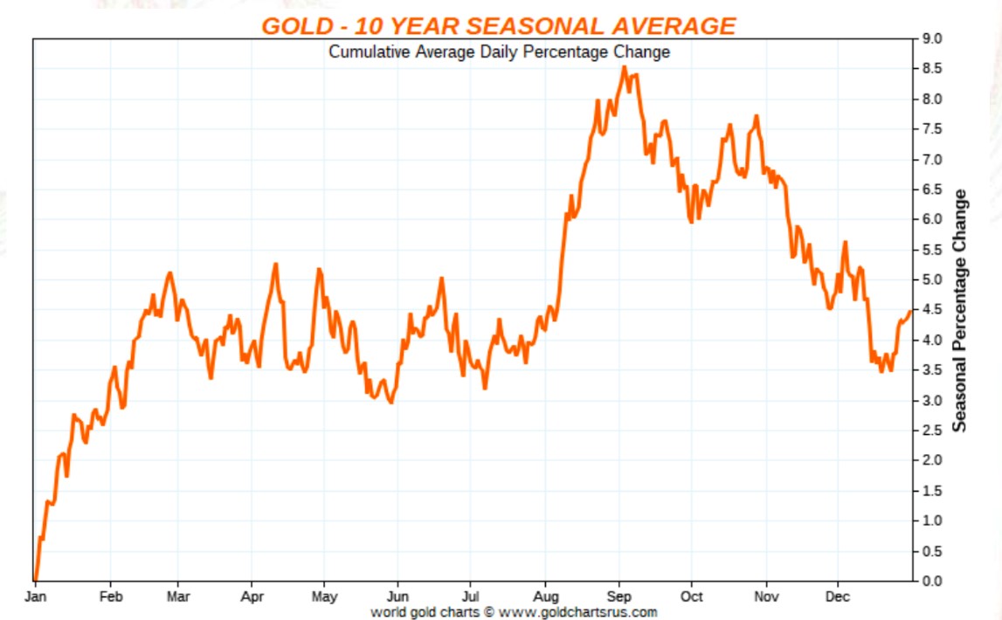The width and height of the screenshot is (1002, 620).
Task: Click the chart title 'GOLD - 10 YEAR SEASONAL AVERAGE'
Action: coord(499,25)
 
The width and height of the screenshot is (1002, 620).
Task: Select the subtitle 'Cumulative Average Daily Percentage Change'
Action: coord(499,52)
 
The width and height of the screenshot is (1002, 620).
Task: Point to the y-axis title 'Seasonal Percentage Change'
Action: coord(959,310)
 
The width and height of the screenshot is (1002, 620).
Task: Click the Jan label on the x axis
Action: coord(34,597)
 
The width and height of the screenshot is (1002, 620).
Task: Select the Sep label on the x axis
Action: coord(618,597)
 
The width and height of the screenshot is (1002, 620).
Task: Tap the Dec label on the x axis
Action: coord(838,597)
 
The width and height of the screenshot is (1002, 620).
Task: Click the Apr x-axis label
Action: coord(252,597)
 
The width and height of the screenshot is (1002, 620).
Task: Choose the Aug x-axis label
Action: coord(545,597)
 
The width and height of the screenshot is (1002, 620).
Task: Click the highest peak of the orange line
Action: coord(624,66)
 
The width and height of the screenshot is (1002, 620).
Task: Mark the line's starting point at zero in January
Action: coord(34,579)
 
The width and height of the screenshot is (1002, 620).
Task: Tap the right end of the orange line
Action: coord(910,311)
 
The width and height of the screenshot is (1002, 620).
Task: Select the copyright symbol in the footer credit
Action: coord(489,612)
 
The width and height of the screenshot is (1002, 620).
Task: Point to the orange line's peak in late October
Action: coord(756,116)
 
